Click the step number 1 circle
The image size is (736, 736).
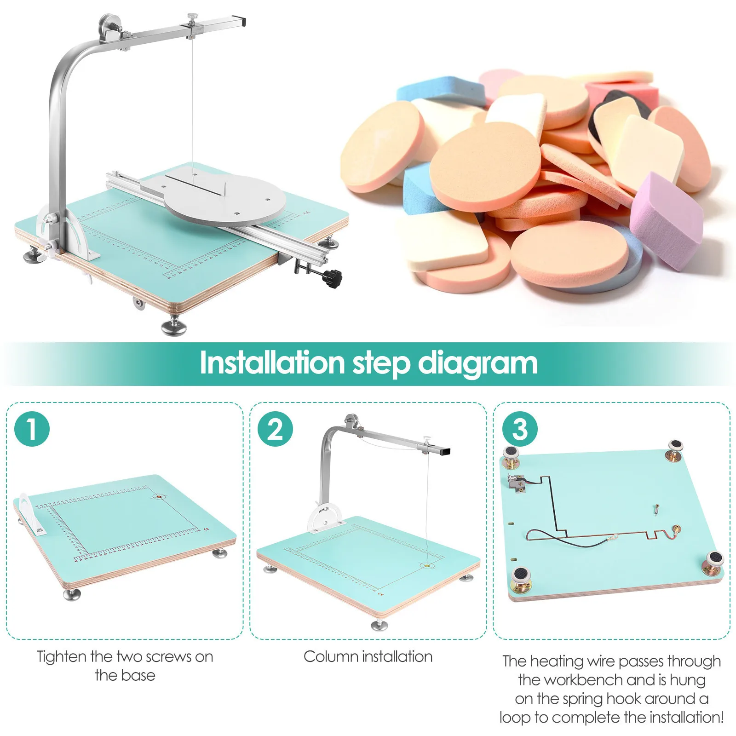32,429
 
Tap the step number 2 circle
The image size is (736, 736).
275,429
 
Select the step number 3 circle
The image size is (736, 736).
520,429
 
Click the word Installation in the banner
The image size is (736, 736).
272,363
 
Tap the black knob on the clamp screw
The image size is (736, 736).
332,278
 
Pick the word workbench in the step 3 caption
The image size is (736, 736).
584,680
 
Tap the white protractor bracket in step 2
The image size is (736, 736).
325,518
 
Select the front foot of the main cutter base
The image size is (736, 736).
174,326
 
